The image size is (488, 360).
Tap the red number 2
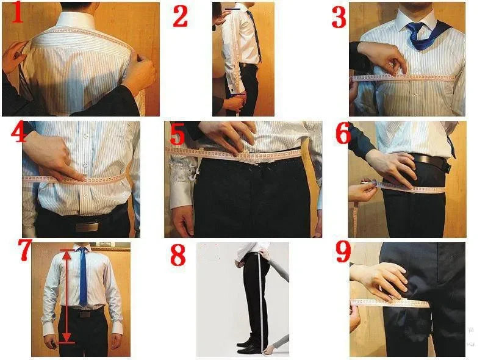click(x=180, y=17)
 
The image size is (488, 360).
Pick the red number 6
click(x=343, y=134)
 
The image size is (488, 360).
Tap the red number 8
click(x=178, y=255)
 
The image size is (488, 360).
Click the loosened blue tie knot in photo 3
click(x=418, y=29)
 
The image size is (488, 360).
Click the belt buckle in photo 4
click(x=87, y=226)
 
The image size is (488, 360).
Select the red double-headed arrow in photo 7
click(x=66, y=296)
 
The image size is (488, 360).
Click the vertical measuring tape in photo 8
click(x=262, y=299)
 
